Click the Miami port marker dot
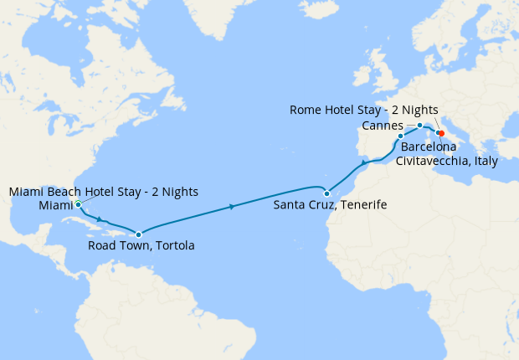click(x=77, y=203)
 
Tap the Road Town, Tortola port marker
click(x=138, y=234)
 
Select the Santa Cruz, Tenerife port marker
click(x=327, y=194)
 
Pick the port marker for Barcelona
click(x=400, y=136)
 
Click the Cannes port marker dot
click(x=419, y=126)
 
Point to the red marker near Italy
click(x=440, y=132)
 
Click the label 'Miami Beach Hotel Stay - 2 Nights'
click(x=104, y=192)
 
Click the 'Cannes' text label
click(x=383, y=126)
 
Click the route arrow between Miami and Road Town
click(x=100, y=221)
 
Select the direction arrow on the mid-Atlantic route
click(x=230, y=206)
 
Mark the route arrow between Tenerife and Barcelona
click(x=364, y=163)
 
